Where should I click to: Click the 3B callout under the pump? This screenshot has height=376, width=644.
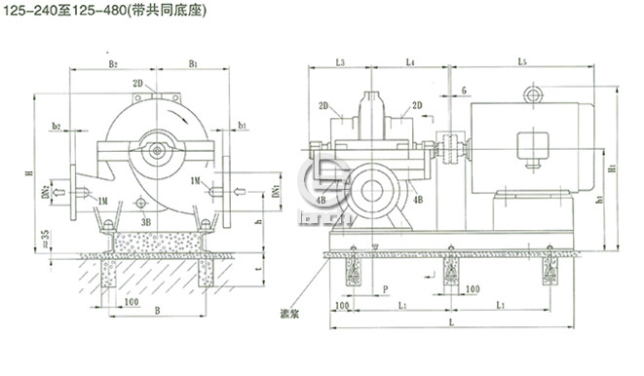[x=144, y=221]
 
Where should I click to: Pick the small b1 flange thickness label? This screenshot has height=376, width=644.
[x=241, y=128]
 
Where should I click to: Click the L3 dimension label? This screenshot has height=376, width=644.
[x=338, y=62]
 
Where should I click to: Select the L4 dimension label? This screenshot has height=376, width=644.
[x=409, y=62]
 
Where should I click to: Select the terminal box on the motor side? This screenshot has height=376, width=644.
[x=532, y=146]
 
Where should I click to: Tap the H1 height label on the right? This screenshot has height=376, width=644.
[x=610, y=168]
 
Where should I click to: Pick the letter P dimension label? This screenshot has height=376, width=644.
[x=386, y=289]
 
